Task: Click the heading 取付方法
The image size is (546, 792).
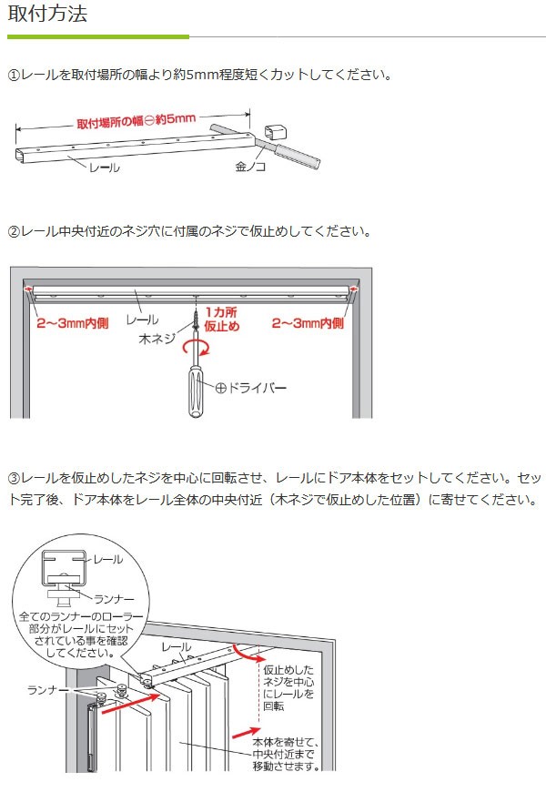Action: tap(47, 15)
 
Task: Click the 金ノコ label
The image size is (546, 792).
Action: tap(250, 168)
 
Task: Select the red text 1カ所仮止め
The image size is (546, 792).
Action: tap(222, 320)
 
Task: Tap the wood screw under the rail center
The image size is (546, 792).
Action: tap(195, 319)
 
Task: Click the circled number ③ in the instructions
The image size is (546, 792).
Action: tap(14, 477)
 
